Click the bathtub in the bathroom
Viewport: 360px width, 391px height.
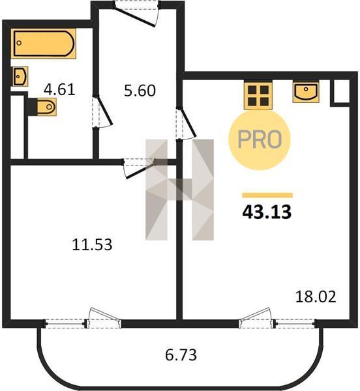[x=44, y=44]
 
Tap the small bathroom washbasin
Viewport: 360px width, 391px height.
[x=20, y=76]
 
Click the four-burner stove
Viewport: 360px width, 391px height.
[x=258, y=95]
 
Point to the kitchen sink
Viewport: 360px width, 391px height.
[x=306, y=91]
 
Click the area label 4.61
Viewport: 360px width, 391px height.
[x=59, y=90]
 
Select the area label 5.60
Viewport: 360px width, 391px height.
[x=140, y=91]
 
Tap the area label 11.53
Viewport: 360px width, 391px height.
[x=92, y=244]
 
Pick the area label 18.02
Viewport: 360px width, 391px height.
[x=316, y=297]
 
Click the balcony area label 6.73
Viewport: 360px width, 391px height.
[x=181, y=355]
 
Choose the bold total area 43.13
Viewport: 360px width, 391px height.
[x=267, y=212]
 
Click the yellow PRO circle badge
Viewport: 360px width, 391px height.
[x=260, y=139]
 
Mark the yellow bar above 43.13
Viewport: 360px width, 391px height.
[x=267, y=195]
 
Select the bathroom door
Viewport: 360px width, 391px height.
[x=103, y=111]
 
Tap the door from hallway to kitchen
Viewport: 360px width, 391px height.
[x=186, y=123]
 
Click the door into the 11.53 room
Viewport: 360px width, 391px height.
[x=139, y=168]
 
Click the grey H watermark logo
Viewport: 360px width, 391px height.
[x=179, y=190]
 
